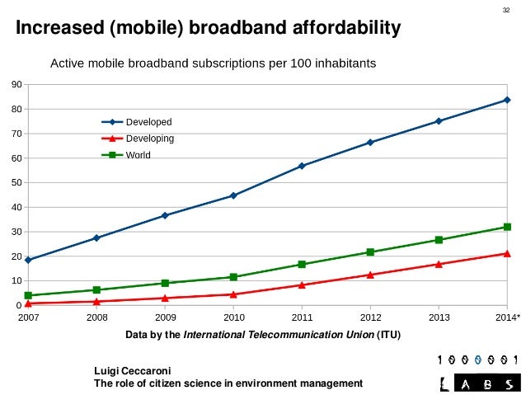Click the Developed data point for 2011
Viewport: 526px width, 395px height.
coord(302,166)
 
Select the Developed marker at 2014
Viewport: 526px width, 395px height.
coord(506,100)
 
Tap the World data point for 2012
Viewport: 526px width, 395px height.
coord(370,252)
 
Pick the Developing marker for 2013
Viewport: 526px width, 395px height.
coord(439,264)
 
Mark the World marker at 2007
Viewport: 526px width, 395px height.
coord(28,295)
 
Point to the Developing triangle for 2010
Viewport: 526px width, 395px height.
coord(233,294)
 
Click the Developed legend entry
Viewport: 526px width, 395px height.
coord(148,122)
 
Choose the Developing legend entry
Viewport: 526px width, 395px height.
coord(150,139)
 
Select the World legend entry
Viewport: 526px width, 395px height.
coord(138,154)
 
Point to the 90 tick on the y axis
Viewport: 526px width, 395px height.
coord(16,85)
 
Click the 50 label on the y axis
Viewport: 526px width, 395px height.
coord(16,183)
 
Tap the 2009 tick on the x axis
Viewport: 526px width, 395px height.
coord(165,316)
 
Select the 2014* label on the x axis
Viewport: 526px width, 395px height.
coord(507,316)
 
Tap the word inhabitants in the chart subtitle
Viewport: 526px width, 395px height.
coord(342,63)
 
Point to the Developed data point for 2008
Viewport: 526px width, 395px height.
coord(96,237)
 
